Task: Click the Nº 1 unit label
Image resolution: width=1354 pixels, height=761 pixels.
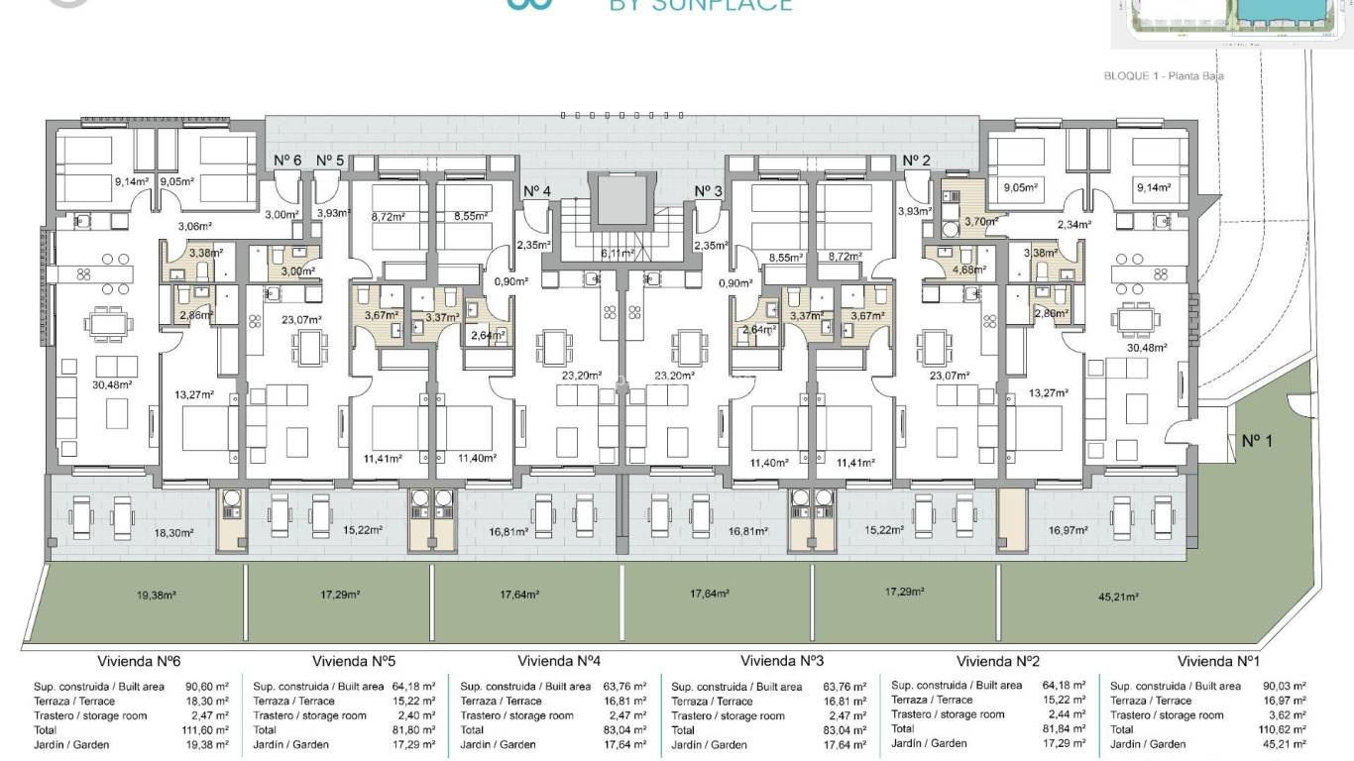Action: [x=1257, y=440]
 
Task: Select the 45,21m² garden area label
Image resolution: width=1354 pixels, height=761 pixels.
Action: [x=1118, y=597]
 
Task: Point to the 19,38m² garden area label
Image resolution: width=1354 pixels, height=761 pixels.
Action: [x=156, y=596]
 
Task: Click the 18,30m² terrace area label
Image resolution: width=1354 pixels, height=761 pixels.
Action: [x=173, y=532]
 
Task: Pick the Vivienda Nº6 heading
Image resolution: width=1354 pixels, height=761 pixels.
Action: [x=139, y=661]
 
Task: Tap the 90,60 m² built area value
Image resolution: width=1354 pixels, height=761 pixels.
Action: [x=207, y=686]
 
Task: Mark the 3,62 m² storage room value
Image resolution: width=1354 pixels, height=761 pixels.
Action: [x=1289, y=714]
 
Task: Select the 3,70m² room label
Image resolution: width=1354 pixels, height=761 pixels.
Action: [x=966, y=222]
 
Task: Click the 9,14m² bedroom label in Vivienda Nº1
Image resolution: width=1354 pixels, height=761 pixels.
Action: [x=1154, y=187]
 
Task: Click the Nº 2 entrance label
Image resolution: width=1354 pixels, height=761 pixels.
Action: [x=916, y=161]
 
